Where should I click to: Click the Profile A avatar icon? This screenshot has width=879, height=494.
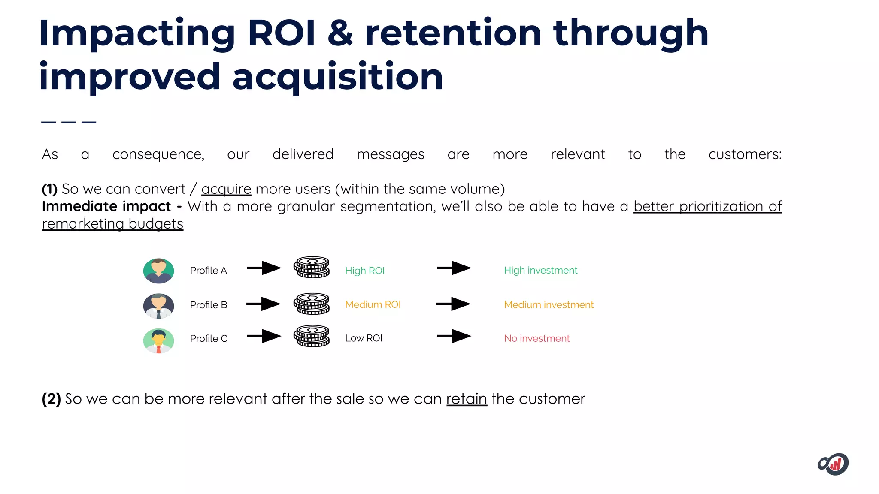coord(158,271)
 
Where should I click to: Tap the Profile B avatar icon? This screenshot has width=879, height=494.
coord(158,305)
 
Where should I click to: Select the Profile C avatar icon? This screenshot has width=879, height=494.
coord(158,340)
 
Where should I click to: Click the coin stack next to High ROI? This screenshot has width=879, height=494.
coord(312,267)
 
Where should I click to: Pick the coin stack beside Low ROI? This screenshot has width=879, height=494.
coord(312,336)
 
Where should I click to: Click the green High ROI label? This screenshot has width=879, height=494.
coord(364,271)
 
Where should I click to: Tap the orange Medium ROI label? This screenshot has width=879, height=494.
coord(373,304)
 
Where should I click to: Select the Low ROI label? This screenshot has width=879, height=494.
coord(364,338)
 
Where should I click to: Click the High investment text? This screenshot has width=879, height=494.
coord(540,270)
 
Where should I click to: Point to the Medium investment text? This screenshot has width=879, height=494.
coord(549,304)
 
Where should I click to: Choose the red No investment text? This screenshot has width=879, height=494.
coord(536,338)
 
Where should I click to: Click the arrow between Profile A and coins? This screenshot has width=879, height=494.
coord(264,268)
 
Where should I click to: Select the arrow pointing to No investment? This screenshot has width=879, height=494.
coord(454,336)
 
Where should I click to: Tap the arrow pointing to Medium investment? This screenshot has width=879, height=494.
coord(453,304)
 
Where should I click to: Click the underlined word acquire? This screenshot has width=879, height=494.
coord(226,189)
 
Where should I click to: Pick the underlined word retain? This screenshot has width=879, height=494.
coord(467,399)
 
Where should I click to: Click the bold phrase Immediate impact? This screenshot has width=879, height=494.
coord(106,206)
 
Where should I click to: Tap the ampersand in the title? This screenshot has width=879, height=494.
coord(340,33)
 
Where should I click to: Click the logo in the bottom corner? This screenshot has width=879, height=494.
coord(833,464)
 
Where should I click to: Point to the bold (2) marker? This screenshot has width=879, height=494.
coord(51,399)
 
